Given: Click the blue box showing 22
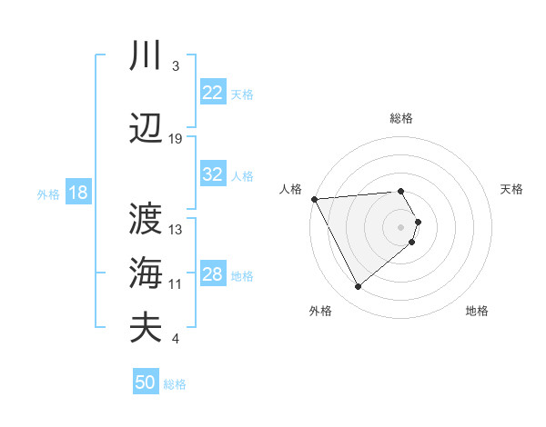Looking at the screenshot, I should tap(213, 93).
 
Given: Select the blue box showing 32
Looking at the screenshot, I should tap(213, 174).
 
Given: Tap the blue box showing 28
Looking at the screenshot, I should tap(213, 274).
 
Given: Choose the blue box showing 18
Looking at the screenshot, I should tap(77, 193).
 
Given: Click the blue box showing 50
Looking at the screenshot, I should tap(146, 382).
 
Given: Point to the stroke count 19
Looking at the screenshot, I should tap(176, 139).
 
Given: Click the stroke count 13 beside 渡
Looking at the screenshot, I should tap(176, 229).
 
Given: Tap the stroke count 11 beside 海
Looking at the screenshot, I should tap(176, 284).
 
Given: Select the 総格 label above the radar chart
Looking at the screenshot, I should tap(401, 118).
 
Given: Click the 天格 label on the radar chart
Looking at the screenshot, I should tap(511, 189).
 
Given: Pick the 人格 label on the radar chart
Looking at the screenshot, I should tap(290, 189).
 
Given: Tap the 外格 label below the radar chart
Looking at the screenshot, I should tap(320, 312).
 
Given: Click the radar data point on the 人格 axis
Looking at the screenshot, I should tap(314, 198).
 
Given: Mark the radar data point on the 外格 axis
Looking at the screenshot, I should tap(358, 287).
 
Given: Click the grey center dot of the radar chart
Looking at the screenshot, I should tap(401, 226).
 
